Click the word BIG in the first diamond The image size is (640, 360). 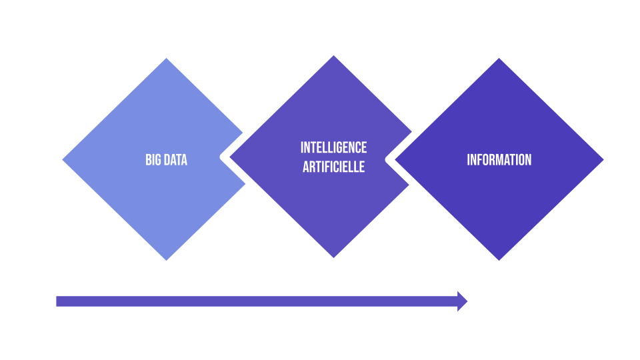click(153, 160)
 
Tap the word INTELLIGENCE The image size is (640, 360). click(333, 147)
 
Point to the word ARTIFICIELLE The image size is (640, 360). click(333, 167)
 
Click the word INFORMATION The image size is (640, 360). click(499, 160)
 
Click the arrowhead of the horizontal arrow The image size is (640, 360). click(462, 301)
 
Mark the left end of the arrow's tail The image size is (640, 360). click(58, 301)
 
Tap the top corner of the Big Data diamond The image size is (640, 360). click(166, 59)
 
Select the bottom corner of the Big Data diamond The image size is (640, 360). click(166, 259)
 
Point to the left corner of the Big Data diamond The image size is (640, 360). click(64, 160)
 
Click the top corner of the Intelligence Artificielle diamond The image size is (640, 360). click(333, 57)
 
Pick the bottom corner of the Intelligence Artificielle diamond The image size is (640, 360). click(333, 257)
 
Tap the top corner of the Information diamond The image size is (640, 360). click(499, 59)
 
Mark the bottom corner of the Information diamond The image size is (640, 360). click(499, 259)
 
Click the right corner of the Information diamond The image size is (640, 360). click(602, 160)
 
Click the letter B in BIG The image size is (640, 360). click(148, 160)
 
